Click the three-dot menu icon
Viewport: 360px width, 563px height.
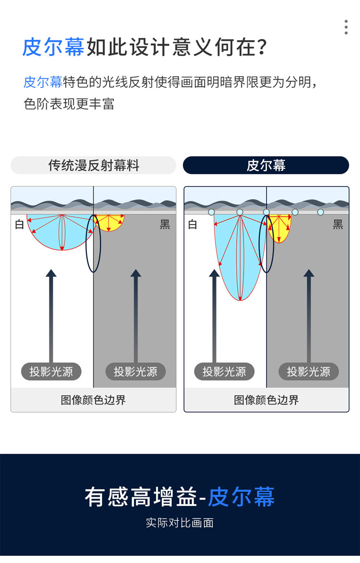coord(346,27)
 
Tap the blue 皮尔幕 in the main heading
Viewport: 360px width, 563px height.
coord(53,47)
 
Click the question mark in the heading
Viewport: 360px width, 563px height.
coord(262,47)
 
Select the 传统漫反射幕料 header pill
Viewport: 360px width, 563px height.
coord(93,165)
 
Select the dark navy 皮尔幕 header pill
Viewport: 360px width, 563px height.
coord(266,165)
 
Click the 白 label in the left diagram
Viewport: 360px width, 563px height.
coord(19,225)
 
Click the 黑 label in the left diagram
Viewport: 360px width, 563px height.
coord(165,225)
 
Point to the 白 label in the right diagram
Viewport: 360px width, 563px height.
coord(192,225)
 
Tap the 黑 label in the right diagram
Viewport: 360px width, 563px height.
coord(338,225)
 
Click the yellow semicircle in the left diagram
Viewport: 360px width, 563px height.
coord(109,222)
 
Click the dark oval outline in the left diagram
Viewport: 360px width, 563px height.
coord(86,243)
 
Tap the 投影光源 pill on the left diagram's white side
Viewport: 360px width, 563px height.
coord(51,371)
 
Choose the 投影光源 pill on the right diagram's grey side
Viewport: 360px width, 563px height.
coord(309,371)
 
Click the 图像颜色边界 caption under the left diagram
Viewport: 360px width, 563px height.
coord(93,400)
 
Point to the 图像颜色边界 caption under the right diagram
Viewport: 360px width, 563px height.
coord(266,400)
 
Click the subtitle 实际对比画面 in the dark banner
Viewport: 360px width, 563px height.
coord(180,523)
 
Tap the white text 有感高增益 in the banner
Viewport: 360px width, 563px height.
coord(141,497)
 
